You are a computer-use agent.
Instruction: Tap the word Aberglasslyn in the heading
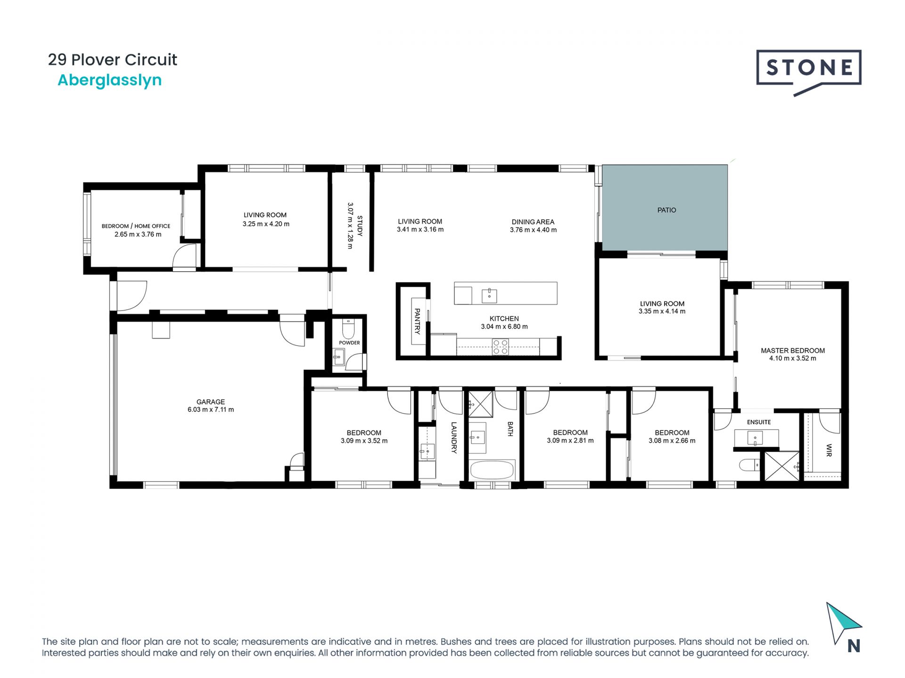pos(109,81)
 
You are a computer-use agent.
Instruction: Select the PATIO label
pos(666,210)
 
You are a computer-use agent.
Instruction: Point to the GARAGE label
pos(211,402)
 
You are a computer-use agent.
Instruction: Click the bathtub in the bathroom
pos(492,469)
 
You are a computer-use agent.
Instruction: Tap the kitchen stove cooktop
pos(500,347)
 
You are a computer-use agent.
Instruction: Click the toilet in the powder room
pos(348,329)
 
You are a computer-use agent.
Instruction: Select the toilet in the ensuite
pos(749,465)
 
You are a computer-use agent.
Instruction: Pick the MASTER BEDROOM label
pos(793,350)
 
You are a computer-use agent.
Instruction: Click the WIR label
pos(829,450)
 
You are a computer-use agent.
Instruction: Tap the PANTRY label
pos(417,321)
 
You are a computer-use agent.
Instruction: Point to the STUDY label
pos(360,226)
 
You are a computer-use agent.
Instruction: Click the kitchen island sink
pos(489,296)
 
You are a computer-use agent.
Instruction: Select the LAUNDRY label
pos(454,437)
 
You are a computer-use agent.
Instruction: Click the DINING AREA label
pos(533,222)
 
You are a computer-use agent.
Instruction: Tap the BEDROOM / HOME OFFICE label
pos(136,226)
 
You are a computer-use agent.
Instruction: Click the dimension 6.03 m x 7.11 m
pos(211,410)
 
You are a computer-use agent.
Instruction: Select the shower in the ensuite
pos(782,466)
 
